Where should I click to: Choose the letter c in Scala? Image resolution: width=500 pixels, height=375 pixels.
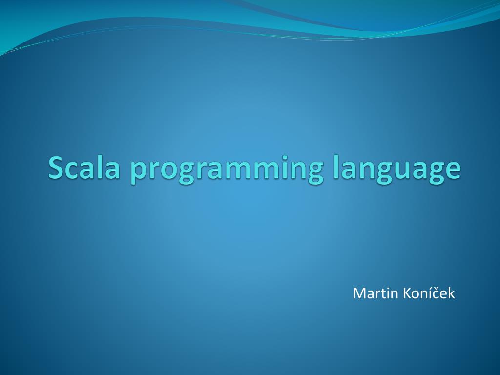coord(74,170)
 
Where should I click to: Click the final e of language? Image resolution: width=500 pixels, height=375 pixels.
coord(452,170)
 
